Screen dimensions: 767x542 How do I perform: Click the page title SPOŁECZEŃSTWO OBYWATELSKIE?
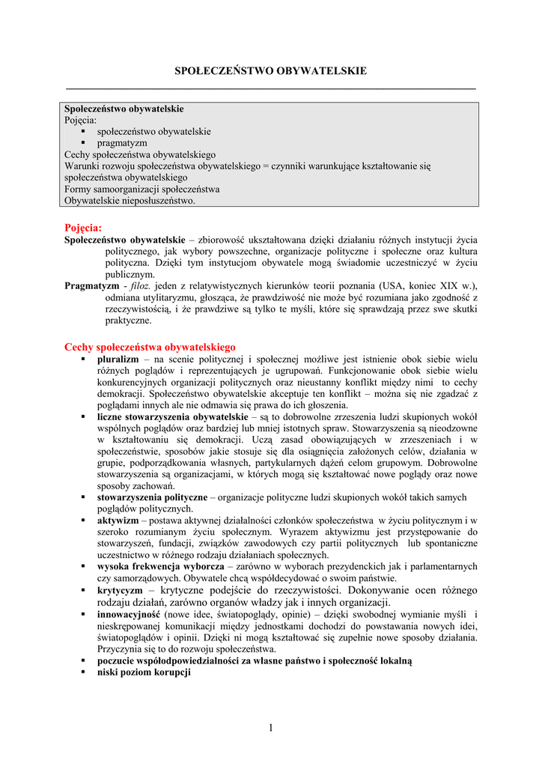point(270,71)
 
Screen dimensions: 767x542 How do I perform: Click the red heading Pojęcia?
point(83,227)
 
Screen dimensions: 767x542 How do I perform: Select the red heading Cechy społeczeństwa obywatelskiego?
point(150,347)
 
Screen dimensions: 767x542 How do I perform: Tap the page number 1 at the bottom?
point(271,728)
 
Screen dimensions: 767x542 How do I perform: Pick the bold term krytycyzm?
point(120,590)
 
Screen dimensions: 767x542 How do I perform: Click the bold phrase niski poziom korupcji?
point(144,673)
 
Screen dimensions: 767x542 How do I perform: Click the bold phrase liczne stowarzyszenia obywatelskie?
point(172,416)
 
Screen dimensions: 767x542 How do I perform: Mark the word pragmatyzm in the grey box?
point(122,142)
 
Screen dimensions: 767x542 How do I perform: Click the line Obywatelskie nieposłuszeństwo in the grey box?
point(130,201)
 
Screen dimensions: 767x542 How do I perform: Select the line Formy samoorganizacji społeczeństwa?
point(141,190)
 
